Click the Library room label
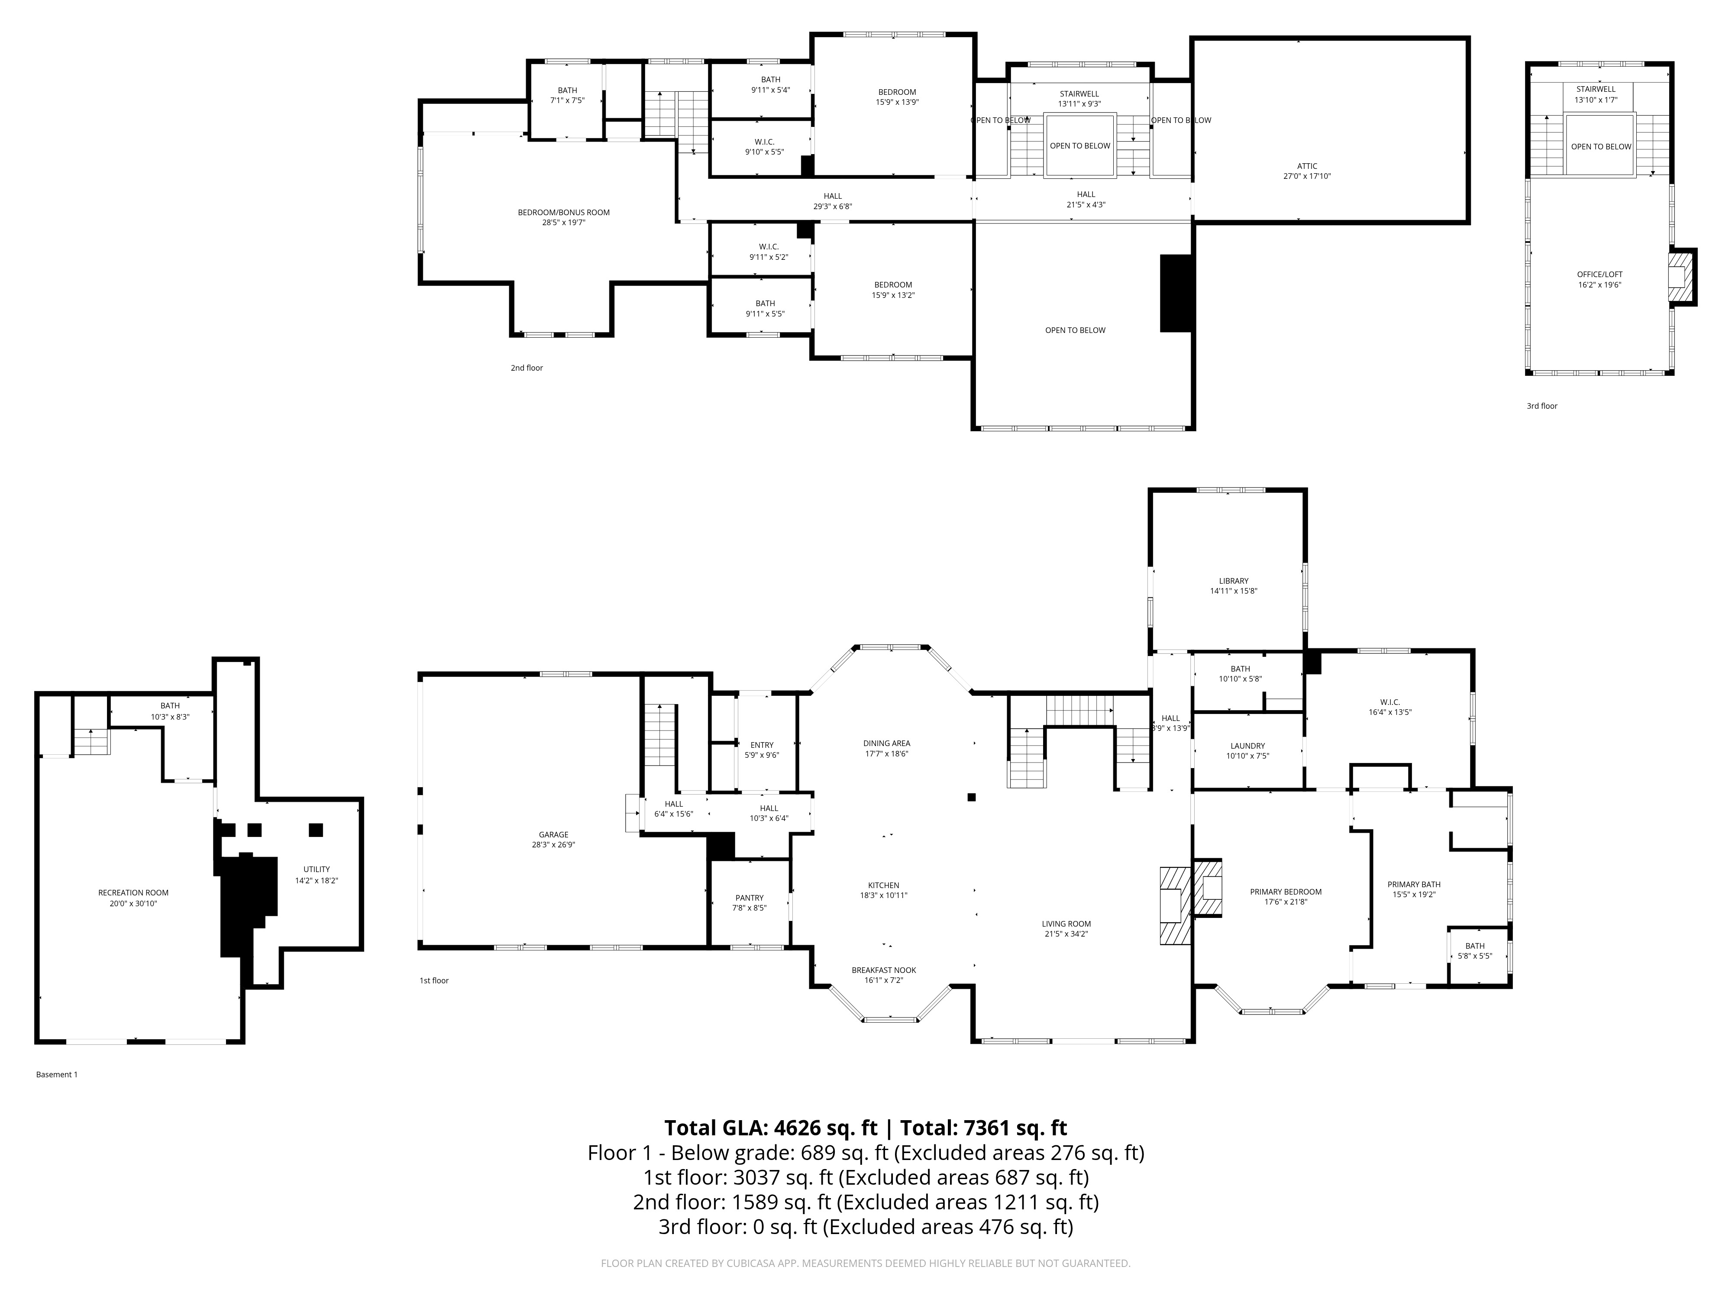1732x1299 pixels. click(x=1233, y=581)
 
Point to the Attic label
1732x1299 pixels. click(x=1307, y=166)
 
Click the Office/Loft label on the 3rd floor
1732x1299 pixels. click(x=1600, y=274)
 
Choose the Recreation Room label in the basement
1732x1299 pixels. click(x=133, y=892)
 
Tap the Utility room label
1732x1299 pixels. click(x=317, y=869)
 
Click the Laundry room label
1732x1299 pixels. click(x=1247, y=746)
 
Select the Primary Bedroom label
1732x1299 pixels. click(x=1286, y=892)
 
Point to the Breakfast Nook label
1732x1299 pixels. click(x=883, y=970)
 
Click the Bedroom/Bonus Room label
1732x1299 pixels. click(x=564, y=212)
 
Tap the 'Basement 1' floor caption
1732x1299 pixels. click(x=57, y=1074)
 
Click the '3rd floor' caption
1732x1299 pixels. click(x=1542, y=406)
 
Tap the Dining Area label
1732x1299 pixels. click(x=886, y=743)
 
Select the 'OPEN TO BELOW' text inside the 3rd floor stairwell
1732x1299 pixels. click(x=1601, y=146)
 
